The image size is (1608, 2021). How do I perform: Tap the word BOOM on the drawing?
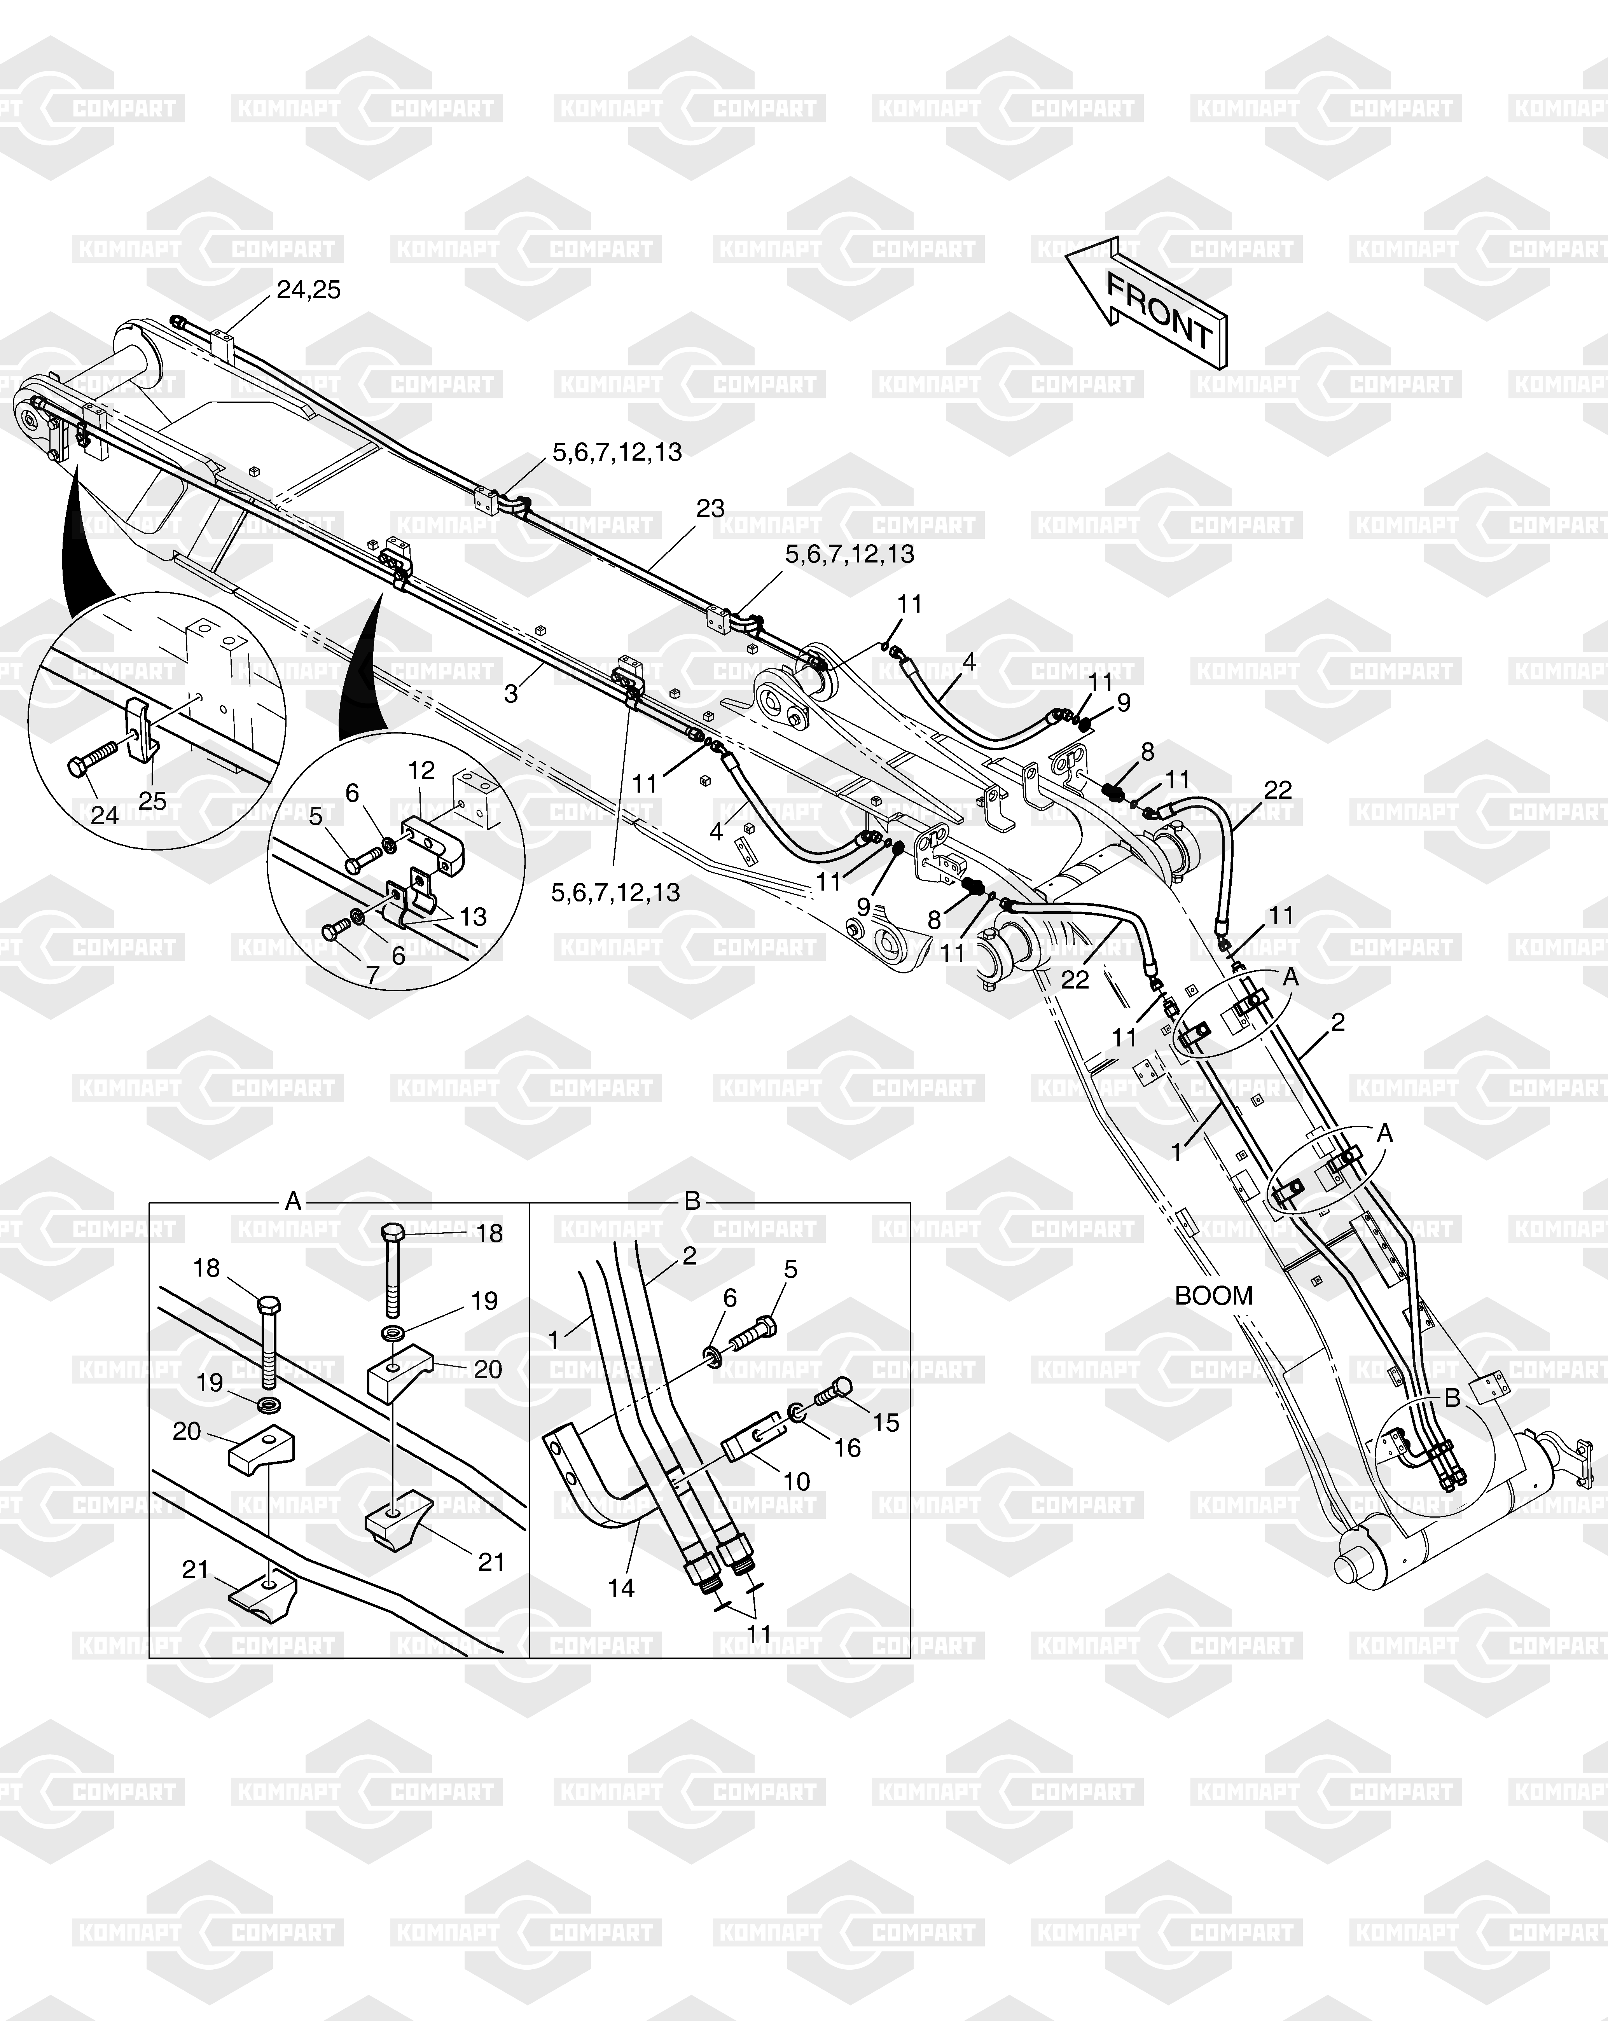1213,1296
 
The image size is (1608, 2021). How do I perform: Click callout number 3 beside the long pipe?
511,695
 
